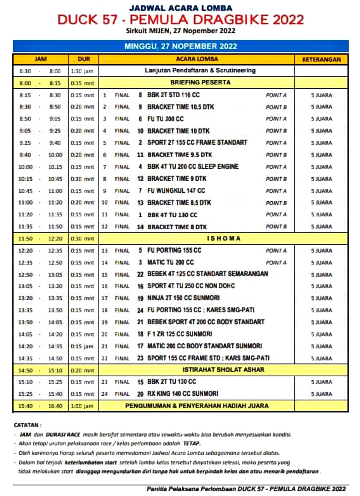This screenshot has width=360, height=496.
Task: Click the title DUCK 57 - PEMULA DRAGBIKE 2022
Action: point(180,19)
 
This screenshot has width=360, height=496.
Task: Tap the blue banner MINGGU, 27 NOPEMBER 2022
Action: point(180,46)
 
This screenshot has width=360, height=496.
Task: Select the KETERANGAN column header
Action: point(322,60)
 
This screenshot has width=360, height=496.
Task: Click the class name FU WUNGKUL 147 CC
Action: point(176,191)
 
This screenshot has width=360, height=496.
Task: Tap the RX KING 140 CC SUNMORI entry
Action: point(183,394)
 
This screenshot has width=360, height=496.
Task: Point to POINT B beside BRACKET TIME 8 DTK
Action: point(276,227)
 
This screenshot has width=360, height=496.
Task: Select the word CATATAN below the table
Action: point(27,425)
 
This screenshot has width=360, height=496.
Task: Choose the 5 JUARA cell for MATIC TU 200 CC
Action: point(322,263)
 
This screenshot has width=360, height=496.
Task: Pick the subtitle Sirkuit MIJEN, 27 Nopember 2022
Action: point(180,30)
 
